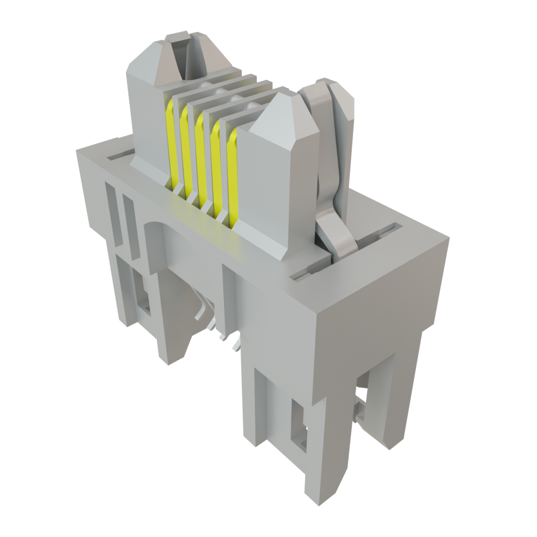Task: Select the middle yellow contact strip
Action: tap(199, 157)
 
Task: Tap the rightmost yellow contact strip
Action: tap(232, 176)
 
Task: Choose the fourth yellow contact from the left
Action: tap(215, 167)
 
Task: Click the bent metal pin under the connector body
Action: tap(202, 309)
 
